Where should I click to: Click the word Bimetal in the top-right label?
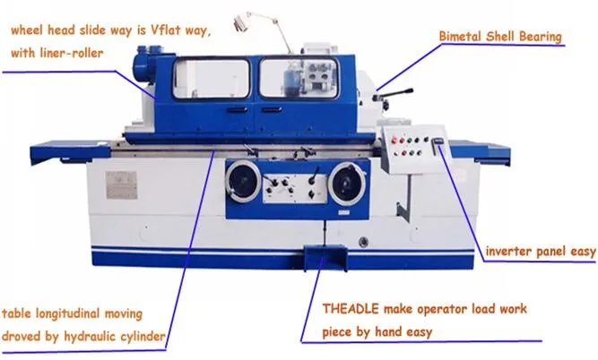coord(461,37)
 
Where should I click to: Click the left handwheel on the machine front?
coord(240,184)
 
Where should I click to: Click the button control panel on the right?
coord(410,147)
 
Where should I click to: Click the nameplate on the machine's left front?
coord(116,184)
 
